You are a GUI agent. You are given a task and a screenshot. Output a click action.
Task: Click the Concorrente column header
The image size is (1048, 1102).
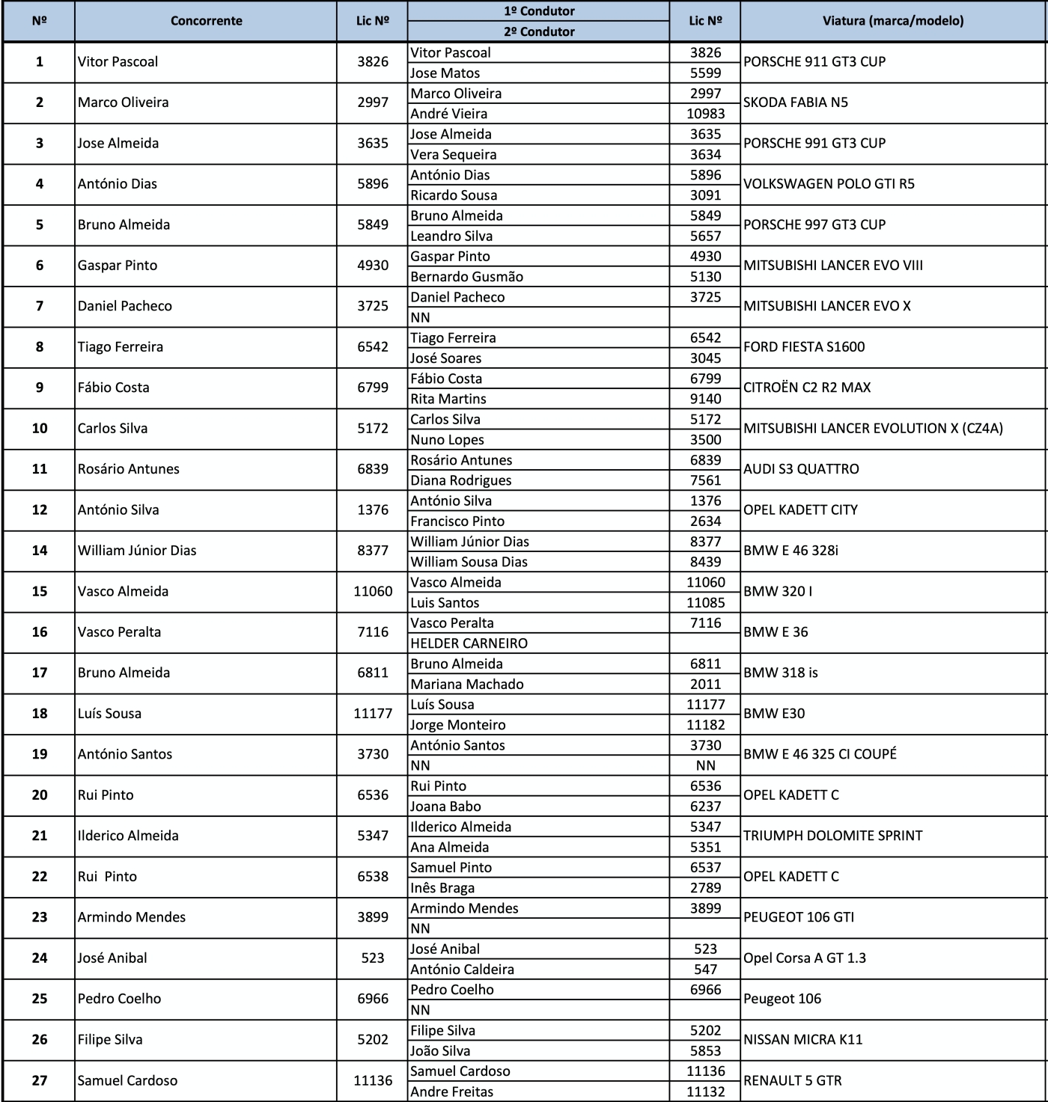(206, 21)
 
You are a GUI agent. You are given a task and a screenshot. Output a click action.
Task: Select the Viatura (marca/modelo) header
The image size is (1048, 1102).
(892, 21)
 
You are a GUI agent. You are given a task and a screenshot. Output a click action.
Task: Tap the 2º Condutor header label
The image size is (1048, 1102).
(539, 31)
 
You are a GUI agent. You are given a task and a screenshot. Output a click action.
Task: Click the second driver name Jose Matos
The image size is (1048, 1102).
(445, 73)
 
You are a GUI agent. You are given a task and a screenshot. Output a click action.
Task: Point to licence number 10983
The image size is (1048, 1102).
(705, 114)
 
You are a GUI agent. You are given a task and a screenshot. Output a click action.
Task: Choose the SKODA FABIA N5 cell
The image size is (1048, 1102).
(796, 102)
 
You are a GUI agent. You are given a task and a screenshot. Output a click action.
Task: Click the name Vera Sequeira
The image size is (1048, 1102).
(454, 155)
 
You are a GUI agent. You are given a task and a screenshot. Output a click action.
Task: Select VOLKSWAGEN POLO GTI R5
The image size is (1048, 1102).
(829, 184)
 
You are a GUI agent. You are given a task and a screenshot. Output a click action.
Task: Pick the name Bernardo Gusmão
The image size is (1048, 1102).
(466, 277)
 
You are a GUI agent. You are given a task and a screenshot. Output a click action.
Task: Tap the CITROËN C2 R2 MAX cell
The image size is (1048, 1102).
(807, 388)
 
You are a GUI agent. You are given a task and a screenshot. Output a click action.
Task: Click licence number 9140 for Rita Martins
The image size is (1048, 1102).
(705, 400)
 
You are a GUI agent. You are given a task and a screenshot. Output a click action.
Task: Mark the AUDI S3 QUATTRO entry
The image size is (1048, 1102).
(801, 469)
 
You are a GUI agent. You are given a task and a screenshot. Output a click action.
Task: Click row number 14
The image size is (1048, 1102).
(40, 551)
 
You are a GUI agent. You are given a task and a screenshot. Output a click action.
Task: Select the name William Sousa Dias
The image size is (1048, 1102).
(469, 562)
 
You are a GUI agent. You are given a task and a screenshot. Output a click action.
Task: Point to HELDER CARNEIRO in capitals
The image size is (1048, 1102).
(469, 643)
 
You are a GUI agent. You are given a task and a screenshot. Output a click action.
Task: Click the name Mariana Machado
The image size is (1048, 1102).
(467, 685)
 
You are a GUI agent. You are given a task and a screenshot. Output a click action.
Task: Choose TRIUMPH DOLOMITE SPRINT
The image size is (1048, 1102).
(832, 836)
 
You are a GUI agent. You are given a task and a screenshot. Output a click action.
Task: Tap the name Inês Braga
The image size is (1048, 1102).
(442, 888)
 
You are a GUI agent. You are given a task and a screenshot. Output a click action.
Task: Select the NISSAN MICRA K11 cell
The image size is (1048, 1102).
(802, 1040)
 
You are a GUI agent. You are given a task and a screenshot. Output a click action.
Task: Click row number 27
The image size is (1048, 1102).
(40, 1080)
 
